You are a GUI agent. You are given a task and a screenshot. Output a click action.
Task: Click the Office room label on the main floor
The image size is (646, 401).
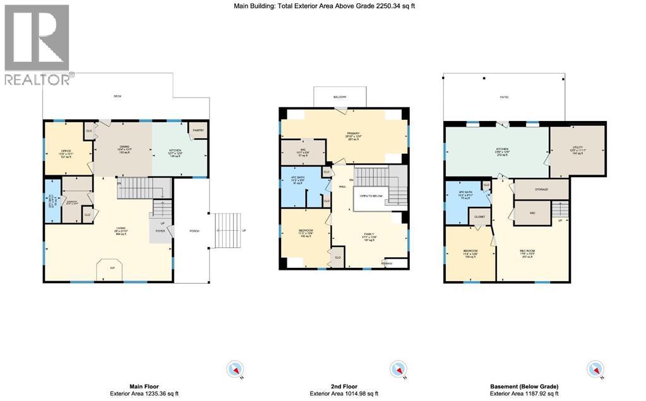point(61,151)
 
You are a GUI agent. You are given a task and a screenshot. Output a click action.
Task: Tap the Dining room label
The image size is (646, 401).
point(124,148)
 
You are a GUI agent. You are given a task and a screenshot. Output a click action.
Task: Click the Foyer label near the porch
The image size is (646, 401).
point(160,231)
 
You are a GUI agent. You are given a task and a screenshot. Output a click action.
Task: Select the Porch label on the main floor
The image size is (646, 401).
point(194,231)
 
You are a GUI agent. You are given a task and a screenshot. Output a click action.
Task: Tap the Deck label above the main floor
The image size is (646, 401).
point(117,96)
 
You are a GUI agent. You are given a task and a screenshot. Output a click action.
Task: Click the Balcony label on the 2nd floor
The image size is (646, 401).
point(339,96)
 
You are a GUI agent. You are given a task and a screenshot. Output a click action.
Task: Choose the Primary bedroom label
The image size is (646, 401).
point(352,133)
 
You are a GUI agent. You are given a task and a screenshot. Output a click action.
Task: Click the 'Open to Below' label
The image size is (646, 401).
point(372,196)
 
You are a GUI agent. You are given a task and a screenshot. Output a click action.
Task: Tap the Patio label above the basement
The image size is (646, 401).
point(505,97)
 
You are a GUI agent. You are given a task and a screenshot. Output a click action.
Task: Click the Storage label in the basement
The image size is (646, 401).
point(542,189)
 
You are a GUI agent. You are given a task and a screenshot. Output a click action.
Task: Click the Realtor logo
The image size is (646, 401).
point(37,44)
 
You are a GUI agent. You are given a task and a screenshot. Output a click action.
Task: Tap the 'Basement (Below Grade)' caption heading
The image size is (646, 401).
point(524,386)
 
